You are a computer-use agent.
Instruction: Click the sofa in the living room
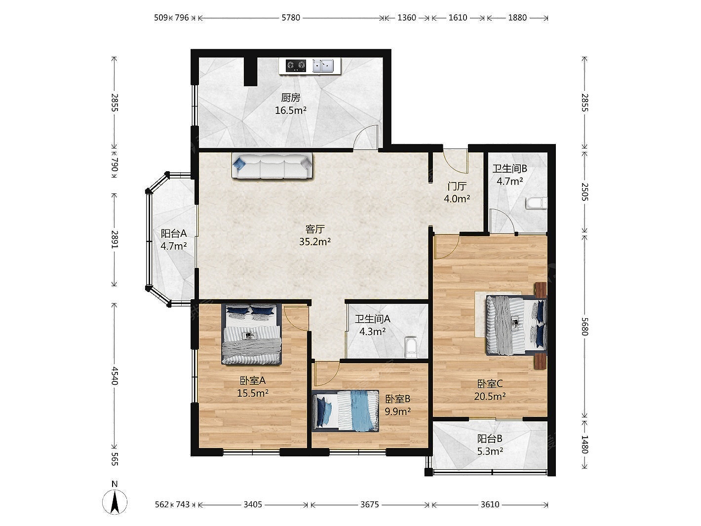(x=272, y=165)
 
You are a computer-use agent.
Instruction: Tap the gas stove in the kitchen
(x=296, y=66)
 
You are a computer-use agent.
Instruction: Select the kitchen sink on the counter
(x=322, y=66)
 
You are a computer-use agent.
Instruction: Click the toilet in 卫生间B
(x=536, y=203)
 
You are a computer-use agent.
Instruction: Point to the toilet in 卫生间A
(x=411, y=347)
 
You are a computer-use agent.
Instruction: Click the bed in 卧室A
(x=252, y=334)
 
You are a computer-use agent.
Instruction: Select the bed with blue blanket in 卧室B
(x=345, y=411)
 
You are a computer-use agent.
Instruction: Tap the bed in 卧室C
(x=516, y=325)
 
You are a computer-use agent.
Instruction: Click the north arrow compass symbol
(x=115, y=501)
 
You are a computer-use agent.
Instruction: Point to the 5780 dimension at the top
(x=291, y=18)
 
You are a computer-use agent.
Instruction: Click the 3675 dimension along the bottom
(x=369, y=504)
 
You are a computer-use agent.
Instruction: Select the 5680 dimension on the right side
(x=584, y=326)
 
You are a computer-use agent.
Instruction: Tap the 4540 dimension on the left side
(x=115, y=376)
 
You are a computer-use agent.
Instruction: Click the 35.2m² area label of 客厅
(x=314, y=242)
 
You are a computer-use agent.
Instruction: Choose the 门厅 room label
(x=457, y=186)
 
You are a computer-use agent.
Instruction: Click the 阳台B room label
(x=490, y=439)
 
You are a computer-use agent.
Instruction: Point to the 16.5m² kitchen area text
(x=291, y=111)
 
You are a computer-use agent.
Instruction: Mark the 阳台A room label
(x=173, y=233)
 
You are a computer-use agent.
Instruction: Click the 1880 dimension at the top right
(x=517, y=18)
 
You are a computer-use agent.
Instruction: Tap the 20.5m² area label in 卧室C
(x=490, y=396)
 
